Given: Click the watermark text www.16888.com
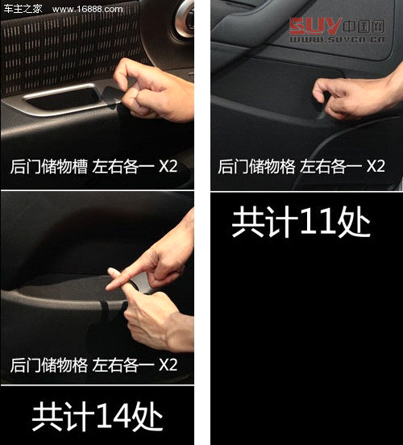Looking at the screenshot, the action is (x=87, y=9).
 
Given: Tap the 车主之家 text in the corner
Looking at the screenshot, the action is (x=23, y=9).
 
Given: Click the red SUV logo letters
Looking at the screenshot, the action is (x=314, y=26).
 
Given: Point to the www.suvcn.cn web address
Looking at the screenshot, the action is (x=337, y=40).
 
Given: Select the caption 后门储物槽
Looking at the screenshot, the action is (x=49, y=166).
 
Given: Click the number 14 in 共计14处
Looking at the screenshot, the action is (x=114, y=415).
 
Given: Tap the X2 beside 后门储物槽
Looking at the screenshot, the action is (x=168, y=166).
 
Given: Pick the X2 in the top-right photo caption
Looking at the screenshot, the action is (x=376, y=166).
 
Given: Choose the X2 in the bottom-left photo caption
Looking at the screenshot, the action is (x=168, y=364).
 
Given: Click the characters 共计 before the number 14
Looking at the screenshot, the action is (x=63, y=415).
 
